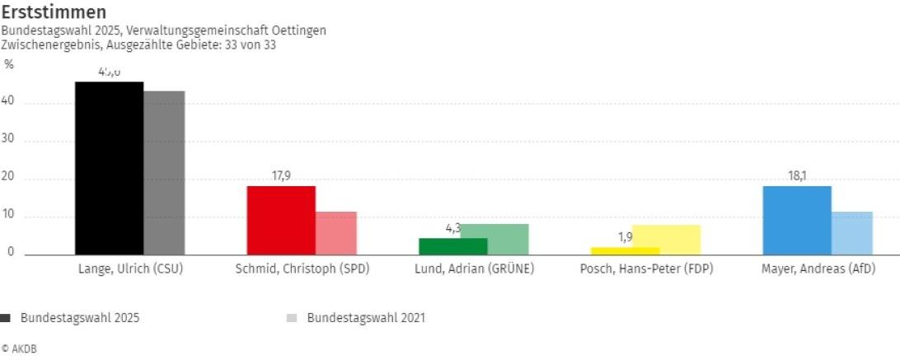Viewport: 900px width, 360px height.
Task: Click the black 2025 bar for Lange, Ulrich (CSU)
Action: [x=109, y=168]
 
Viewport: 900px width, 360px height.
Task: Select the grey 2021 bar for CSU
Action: [x=164, y=173]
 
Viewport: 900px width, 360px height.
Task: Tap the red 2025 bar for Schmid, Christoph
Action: [x=281, y=220]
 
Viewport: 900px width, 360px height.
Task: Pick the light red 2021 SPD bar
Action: [x=336, y=233]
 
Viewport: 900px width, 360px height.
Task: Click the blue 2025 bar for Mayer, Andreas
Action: [x=797, y=220]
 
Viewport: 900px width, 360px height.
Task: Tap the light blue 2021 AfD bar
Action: [x=852, y=233]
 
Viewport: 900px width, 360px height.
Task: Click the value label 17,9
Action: [x=281, y=175]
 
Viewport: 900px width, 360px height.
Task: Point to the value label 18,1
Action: [x=797, y=175]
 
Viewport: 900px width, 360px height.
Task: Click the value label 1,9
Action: [x=625, y=237]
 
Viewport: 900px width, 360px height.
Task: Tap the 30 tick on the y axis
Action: [x=11, y=141]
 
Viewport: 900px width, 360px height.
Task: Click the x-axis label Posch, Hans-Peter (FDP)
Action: [x=646, y=269]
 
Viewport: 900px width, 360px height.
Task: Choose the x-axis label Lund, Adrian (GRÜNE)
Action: [x=474, y=269]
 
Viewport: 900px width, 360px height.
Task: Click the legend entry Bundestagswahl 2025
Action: [x=74, y=318]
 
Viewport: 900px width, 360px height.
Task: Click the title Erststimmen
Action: [x=54, y=12]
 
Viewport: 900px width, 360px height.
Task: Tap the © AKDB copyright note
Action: [x=19, y=349]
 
